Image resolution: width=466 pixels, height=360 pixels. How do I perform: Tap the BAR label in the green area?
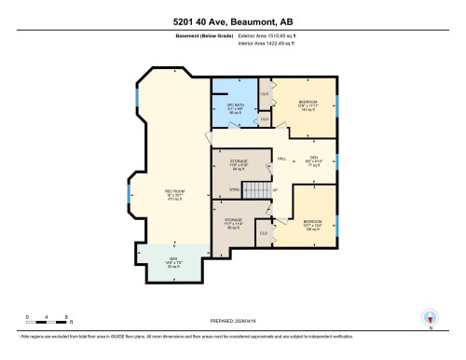173,260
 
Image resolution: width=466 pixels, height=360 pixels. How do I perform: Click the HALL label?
281,159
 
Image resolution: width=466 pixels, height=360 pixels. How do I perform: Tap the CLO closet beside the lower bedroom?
265,231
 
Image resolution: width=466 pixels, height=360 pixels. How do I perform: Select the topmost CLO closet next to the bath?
265,94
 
